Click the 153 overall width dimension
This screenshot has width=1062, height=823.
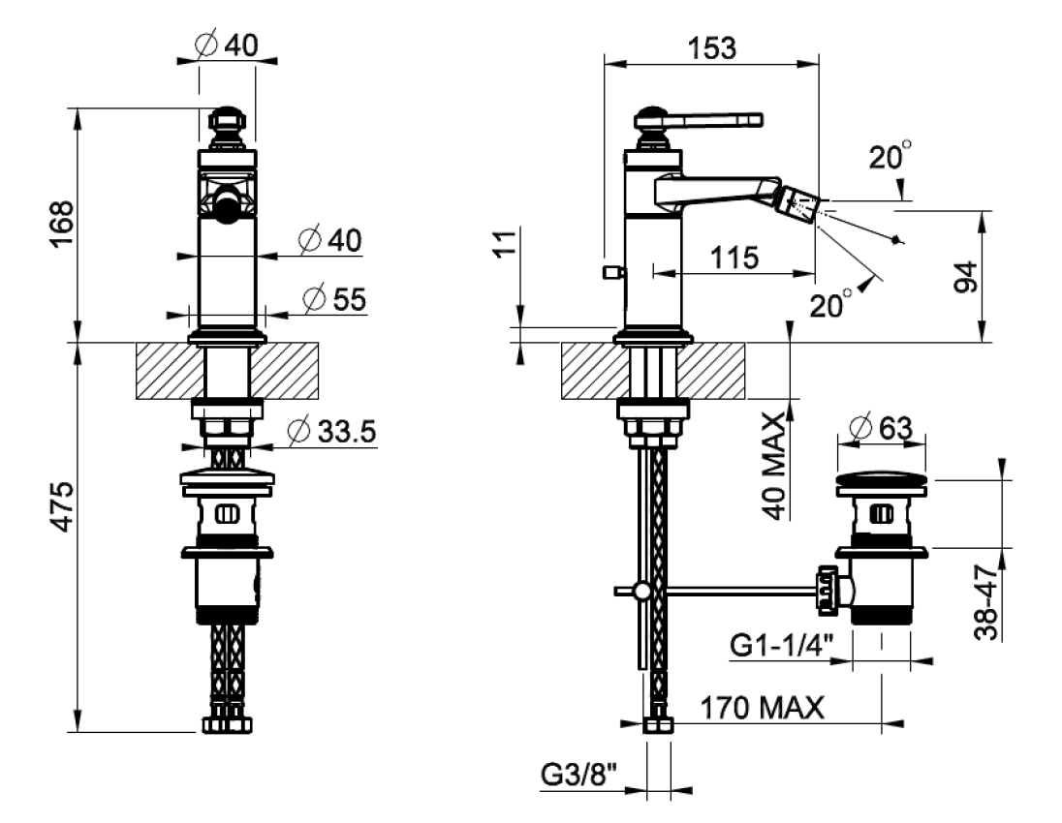click(712, 48)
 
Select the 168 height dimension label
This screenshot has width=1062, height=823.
click(63, 224)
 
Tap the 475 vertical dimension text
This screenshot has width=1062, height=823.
click(63, 507)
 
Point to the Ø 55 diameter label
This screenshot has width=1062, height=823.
click(334, 299)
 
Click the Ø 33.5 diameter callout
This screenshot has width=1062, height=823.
click(331, 431)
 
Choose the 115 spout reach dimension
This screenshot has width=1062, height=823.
click(734, 258)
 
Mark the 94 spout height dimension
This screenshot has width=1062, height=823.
click(966, 276)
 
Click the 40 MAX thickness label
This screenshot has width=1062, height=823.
click(775, 467)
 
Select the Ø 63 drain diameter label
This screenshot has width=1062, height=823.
click(881, 428)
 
